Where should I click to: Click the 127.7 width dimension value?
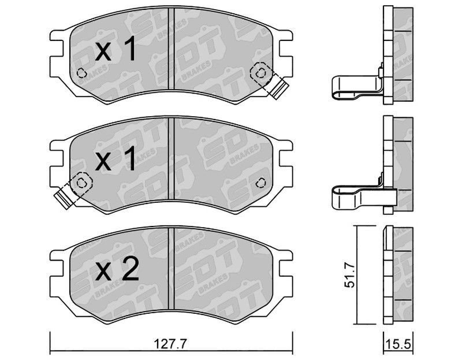171,343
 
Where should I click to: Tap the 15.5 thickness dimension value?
399,344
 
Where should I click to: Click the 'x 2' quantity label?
117,269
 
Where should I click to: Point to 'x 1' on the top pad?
116,49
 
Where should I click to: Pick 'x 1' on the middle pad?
116,159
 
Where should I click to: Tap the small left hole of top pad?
81,73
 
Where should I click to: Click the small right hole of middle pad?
260,183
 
